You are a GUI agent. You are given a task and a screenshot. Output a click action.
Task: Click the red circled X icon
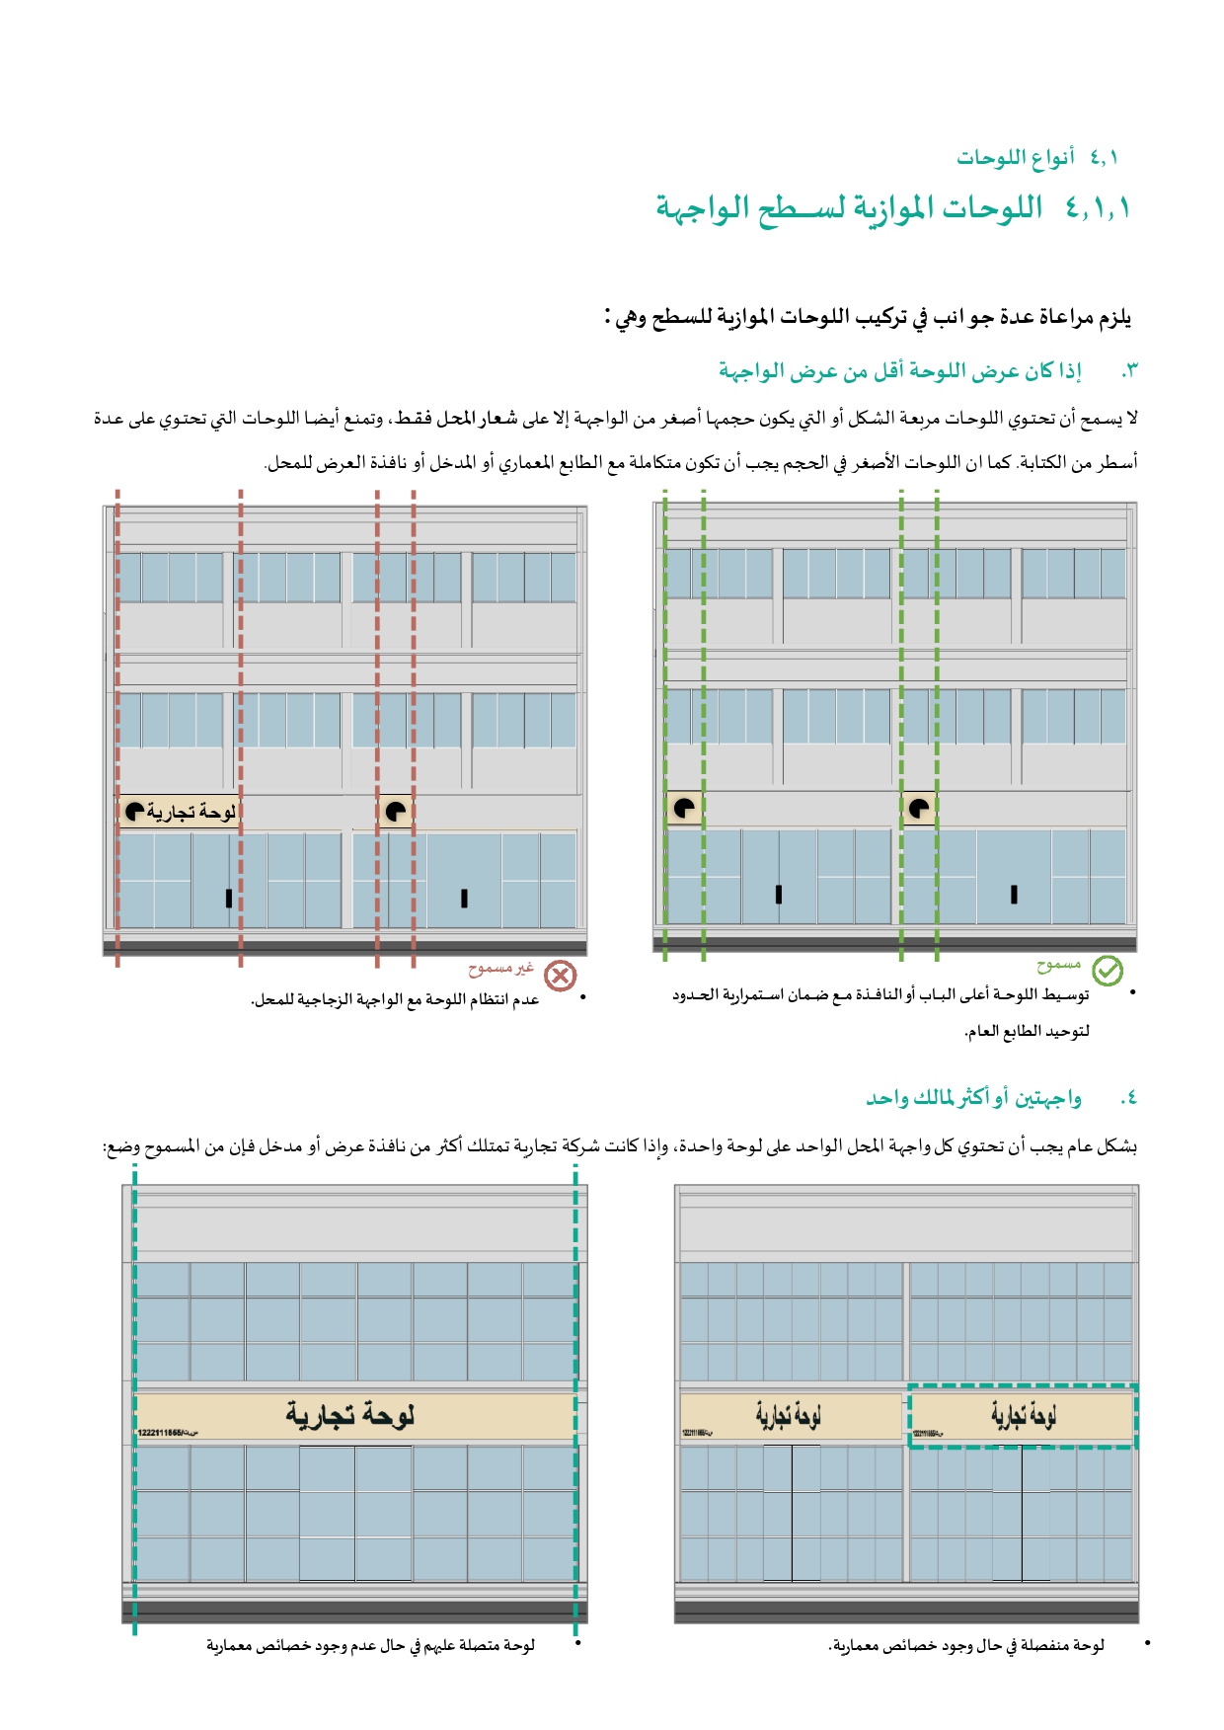pyautogui.click(x=560, y=976)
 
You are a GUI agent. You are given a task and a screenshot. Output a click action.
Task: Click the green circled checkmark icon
pyautogui.click(x=1108, y=971)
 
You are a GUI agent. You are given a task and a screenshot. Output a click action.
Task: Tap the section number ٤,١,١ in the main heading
pyautogui.click(x=1097, y=207)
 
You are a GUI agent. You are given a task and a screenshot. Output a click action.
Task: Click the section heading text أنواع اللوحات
pyautogui.click(x=1016, y=157)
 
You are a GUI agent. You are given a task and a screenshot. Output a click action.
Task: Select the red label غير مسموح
pyautogui.click(x=500, y=968)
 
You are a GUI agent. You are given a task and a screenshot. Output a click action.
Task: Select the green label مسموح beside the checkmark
pyautogui.click(x=1058, y=963)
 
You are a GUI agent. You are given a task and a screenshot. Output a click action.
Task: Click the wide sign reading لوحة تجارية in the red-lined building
pyautogui.click(x=180, y=812)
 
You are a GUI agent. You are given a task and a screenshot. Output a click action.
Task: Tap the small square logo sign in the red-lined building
pyautogui.click(x=395, y=812)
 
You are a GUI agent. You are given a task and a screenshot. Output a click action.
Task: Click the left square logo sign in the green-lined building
pyautogui.click(x=684, y=808)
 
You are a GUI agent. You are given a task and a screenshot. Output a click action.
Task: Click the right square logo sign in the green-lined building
pyautogui.click(x=919, y=808)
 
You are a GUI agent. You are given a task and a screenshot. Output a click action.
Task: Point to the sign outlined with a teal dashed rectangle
pyautogui.click(x=1022, y=1416)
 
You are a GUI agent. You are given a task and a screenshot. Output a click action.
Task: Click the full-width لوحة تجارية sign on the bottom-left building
pyautogui.click(x=353, y=1416)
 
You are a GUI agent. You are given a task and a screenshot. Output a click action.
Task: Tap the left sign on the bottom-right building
pyautogui.click(x=790, y=1416)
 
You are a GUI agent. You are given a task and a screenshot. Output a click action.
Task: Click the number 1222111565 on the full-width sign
pyautogui.click(x=161, y=1433)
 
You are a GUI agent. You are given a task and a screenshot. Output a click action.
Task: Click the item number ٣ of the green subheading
pyautogui.click(x=1129, y=371)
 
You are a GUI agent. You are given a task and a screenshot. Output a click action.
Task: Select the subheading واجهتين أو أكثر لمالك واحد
pyautogui.click(x=973, y=1097)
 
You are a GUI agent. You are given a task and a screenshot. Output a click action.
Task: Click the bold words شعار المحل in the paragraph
pyautogui.click(x=477, y=418)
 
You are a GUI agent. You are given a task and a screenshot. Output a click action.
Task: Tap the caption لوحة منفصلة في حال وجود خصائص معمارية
pyautogui.click(x=965, y=1645)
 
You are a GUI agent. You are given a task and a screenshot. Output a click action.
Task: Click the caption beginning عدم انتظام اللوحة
pyautogui.click(x=395, y=999)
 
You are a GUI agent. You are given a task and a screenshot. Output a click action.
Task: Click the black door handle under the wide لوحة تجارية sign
pyautogui.click(x=229, y=898)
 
